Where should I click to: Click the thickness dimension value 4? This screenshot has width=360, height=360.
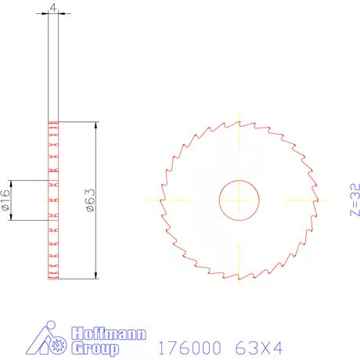coord(53,8)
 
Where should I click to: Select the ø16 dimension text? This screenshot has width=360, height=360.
coord(5,200)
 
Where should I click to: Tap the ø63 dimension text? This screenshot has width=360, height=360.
coord(89,200)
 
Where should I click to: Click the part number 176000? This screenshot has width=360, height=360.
coord(189,347)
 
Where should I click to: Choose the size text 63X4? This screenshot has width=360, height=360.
coord(256,347)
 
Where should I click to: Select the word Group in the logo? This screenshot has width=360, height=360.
coord(95,348)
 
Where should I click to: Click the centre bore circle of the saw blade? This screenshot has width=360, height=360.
coord(239,200)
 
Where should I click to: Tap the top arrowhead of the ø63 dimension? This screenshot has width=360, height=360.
coord(95,125)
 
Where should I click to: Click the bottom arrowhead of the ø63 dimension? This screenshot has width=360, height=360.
coord(95,275)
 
